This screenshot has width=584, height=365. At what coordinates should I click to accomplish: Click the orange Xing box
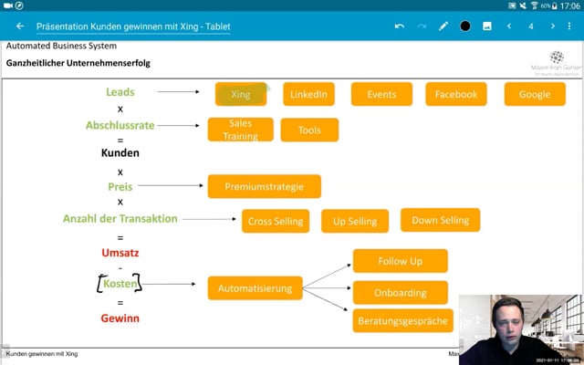pos(241,94)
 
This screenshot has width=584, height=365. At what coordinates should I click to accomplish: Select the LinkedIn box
pos(309,94)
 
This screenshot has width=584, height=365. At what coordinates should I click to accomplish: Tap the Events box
pos(381,94)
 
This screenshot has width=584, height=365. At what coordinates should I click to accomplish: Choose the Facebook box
pos(455,94)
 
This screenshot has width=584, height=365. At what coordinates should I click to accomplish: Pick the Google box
pos(534,94)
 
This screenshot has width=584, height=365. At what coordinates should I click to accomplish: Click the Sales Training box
pos(240,130)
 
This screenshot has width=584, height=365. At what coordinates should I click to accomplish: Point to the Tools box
pos(309,130)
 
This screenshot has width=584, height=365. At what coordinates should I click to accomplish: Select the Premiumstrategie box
pos(264,186)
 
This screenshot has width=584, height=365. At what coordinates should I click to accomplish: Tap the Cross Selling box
pos(276,221)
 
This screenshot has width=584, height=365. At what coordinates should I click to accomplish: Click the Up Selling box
pos(355,221)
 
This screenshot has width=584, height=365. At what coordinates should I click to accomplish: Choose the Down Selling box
pos(440,220)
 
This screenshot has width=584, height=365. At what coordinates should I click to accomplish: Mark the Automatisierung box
pos(255,288)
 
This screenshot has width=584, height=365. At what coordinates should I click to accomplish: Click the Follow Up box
pos(400,261)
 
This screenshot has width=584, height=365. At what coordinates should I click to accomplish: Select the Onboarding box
pos(400,293)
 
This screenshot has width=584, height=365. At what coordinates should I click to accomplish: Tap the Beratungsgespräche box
pos(401,320)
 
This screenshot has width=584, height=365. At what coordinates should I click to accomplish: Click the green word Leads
pos(120,92)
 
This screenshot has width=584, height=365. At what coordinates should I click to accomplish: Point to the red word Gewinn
pos(120,318)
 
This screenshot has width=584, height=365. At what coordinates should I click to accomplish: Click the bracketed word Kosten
pos(120,285)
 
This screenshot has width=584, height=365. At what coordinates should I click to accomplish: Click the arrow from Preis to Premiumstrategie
pos(173,186)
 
